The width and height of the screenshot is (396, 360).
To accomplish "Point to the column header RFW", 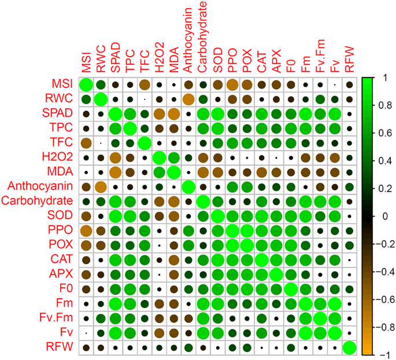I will click(350, 57).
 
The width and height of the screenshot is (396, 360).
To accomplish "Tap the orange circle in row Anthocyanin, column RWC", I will click(101, 187).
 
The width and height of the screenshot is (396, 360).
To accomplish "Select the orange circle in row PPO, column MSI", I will click(86, 231).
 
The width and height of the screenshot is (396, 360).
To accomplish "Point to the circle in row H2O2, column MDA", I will click(174, 157).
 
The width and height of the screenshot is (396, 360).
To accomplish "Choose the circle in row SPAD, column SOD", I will click(218, 114).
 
